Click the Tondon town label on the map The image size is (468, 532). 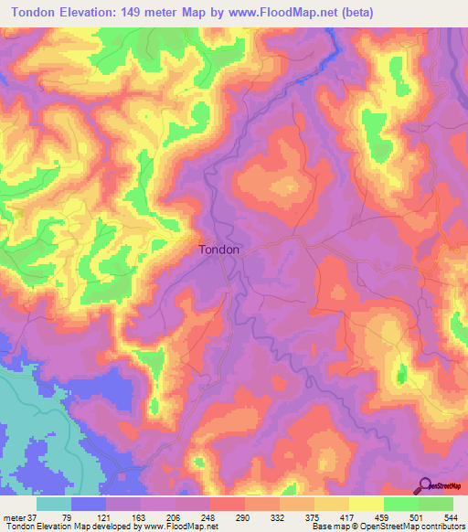219,249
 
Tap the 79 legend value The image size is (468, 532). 72,519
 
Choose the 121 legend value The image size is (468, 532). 111,519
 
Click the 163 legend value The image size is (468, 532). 149,519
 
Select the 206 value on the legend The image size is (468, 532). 188,519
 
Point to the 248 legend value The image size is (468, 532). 227,519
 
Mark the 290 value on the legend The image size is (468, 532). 265,519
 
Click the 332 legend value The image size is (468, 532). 303,519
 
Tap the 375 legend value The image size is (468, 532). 343,519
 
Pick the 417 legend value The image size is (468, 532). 381,519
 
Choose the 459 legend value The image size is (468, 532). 420,519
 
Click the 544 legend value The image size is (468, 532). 450,519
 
